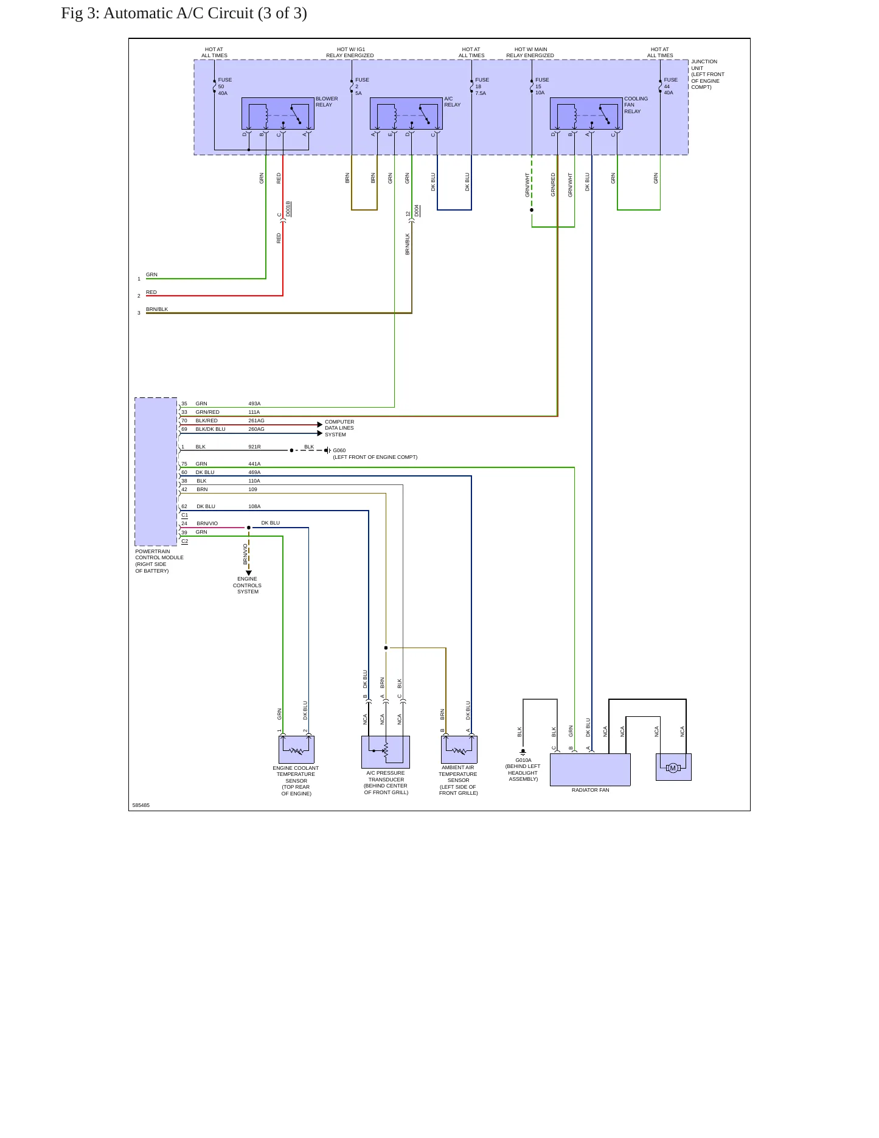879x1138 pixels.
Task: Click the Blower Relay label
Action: coord(327,102)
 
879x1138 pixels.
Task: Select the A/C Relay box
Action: coord(406,114)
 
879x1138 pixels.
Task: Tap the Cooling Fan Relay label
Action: coord(636,105)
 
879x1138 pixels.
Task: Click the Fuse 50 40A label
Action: coord(225,86)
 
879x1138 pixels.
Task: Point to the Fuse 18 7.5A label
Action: coord(482,86)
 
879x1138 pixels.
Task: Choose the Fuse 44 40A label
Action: coord(670,86)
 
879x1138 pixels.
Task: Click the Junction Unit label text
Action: coord(707,74)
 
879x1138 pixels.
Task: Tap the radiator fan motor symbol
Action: coord(673,768)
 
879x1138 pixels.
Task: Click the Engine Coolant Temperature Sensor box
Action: coord(296,750)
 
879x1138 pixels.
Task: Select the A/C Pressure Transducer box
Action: coord(386,752)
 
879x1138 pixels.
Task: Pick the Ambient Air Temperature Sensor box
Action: coord(459,750)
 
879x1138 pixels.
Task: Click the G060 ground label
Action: coord(339,450)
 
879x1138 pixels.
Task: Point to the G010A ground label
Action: coord(523,760)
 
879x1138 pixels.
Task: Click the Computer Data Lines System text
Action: coord(339,428)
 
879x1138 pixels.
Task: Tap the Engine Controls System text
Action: coord(247,585)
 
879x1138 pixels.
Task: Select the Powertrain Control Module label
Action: coord(159,561)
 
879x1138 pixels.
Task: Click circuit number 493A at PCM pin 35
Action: coord(254,403)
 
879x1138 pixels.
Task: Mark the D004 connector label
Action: coord(417,211)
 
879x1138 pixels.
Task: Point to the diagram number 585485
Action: coord(141,805)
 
